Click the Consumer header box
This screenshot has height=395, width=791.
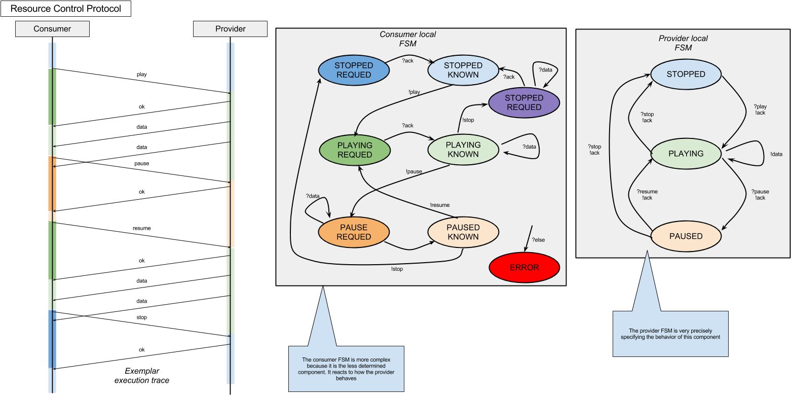(52, 29)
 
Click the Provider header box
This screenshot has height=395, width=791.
(230, 29)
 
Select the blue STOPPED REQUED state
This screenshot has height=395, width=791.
(354, 70)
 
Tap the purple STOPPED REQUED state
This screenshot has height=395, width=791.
(524, 102)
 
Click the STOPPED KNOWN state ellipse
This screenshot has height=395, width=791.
(463, 70)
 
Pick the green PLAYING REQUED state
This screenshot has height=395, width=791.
(355, 150)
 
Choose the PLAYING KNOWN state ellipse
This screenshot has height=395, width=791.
(463, 150)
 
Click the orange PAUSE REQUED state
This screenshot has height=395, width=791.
(354, 232)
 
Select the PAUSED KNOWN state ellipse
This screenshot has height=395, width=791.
(463, 232)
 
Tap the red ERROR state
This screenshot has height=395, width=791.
(524, 267)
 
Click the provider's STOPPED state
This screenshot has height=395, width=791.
(686, 74)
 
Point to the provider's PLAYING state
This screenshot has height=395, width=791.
(686, 154)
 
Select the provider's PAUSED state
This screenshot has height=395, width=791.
(686, 236)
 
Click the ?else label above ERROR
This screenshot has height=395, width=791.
(538, 240)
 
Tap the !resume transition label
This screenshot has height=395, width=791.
(439, 205)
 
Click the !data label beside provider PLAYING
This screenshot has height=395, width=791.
(776, 154)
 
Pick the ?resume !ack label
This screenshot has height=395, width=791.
(647, 195)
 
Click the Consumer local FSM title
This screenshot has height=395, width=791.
(407, 39)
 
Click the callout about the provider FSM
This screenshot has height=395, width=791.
(670, 334)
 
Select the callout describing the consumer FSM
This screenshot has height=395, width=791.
(346, 369)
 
